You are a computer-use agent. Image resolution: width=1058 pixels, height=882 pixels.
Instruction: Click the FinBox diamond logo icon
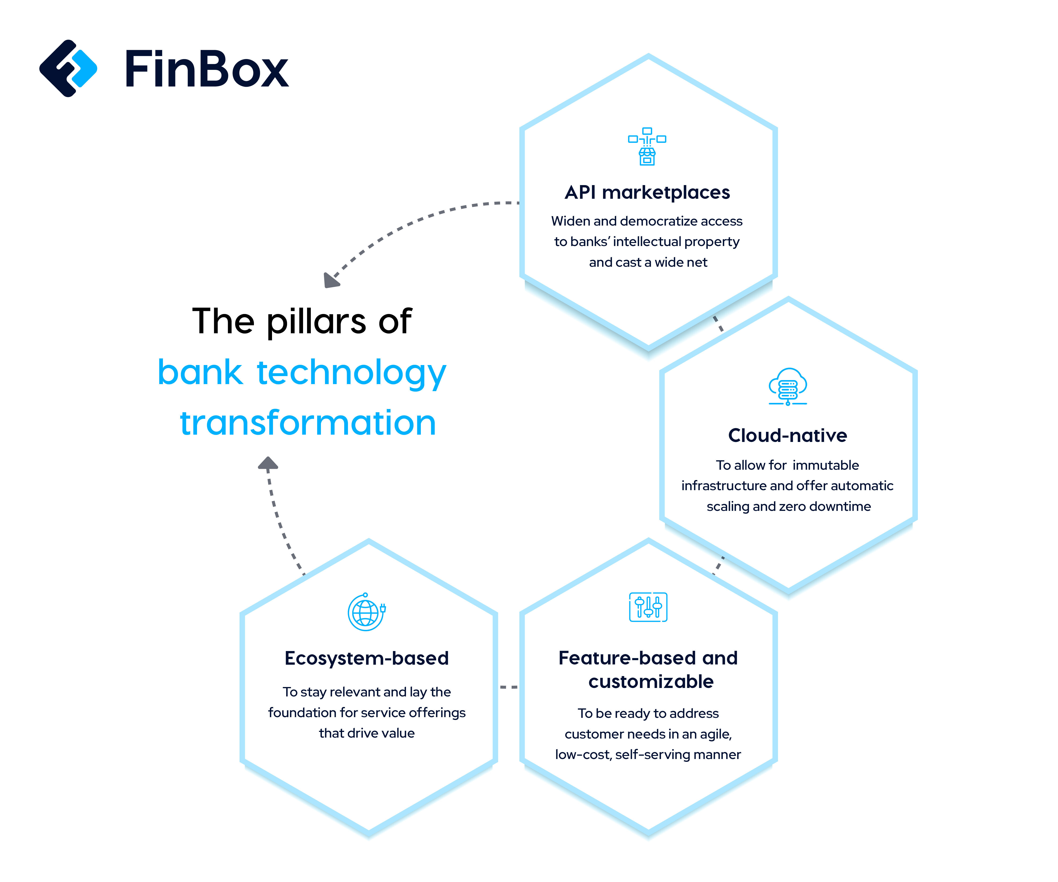point(68,68)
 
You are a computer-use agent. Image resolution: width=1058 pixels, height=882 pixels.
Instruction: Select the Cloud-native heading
point(787,435)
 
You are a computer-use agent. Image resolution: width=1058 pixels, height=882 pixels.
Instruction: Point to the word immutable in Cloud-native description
point(825,465)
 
